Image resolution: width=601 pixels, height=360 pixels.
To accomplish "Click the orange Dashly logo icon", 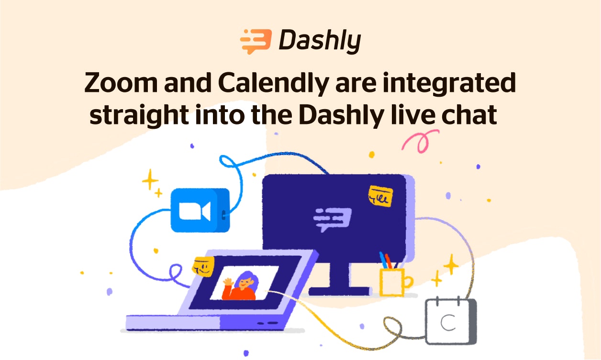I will tap(256, 41).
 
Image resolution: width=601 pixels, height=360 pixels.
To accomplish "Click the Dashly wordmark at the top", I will tap(319, 41).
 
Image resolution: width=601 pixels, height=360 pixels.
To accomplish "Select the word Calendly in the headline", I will tap(272, 83).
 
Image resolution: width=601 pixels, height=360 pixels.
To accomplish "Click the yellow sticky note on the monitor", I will tap(381, 196).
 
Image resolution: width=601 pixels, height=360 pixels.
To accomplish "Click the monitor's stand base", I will tap(340, 291).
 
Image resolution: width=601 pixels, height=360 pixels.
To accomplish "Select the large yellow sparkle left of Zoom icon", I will tap(150, 180).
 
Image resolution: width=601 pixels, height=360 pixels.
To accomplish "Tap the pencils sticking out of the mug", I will tap(386, 260).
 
